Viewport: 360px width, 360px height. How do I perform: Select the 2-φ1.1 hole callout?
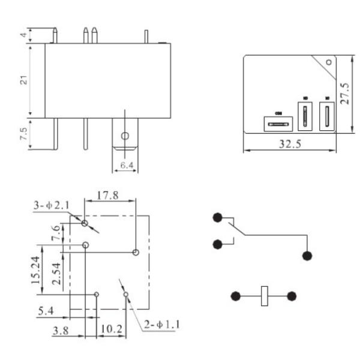[161, 325]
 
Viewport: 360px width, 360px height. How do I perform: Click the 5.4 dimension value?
[45, 310]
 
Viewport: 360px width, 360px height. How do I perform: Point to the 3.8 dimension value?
[61, 330]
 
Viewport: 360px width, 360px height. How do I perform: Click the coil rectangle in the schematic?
[264, 296]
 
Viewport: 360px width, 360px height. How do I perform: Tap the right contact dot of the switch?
[307, 256]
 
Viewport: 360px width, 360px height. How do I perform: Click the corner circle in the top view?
[328, 62]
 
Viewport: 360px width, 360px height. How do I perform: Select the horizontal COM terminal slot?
[278, 124]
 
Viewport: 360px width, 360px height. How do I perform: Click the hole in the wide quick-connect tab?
[124, 136]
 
